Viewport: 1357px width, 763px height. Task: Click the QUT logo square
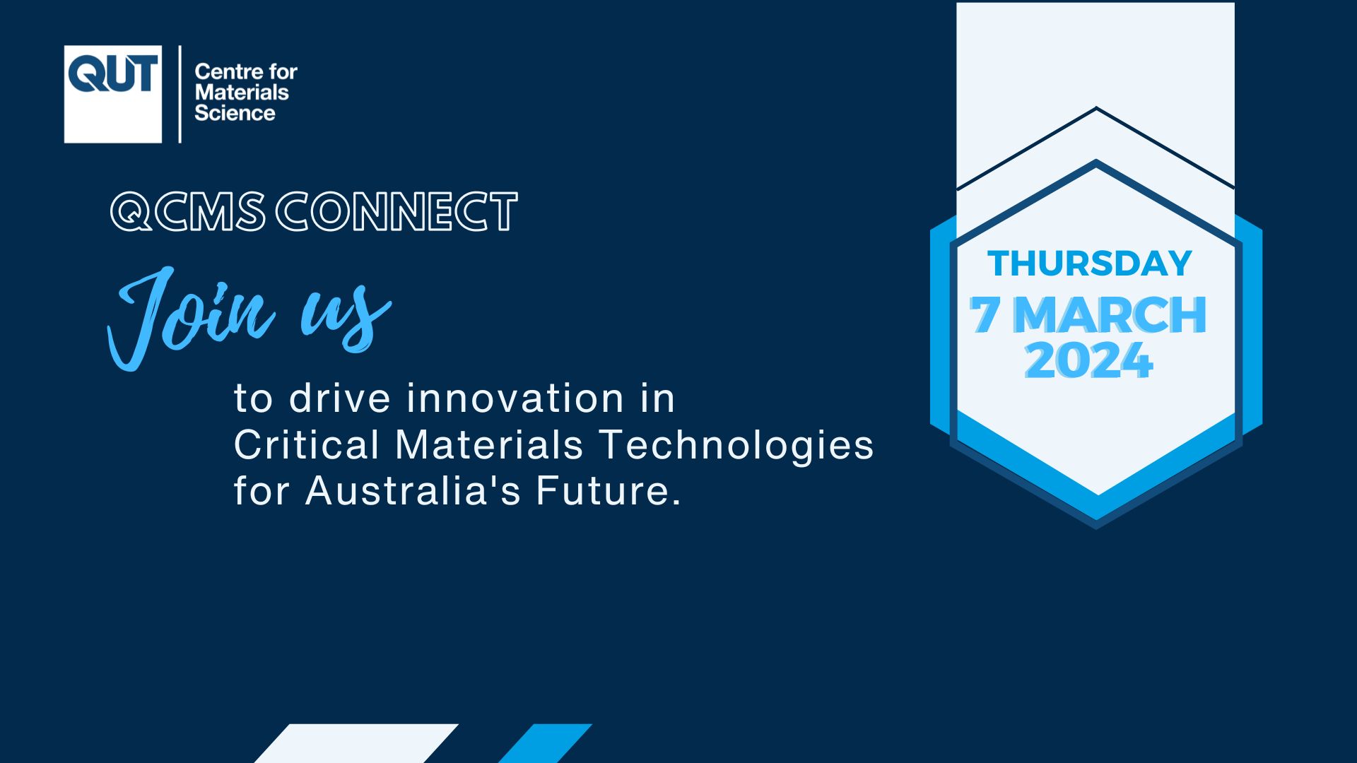click(113, 94)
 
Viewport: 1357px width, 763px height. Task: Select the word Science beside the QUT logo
click(235, 113)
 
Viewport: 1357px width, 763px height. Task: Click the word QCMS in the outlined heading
click(188, 211)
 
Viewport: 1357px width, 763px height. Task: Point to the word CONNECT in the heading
click(396, 211)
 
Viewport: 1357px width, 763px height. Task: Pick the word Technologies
click(737, 445)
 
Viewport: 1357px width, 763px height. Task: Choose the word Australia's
click(413, 490)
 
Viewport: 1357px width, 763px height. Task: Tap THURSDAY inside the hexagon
click(1090, 264)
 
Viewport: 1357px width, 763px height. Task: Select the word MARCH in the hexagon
click(1110, 314)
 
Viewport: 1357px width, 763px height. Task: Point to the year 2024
click(1089, 360)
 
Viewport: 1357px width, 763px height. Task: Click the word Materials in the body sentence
click(489, 445)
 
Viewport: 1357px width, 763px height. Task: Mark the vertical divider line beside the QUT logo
click(180, 94)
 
